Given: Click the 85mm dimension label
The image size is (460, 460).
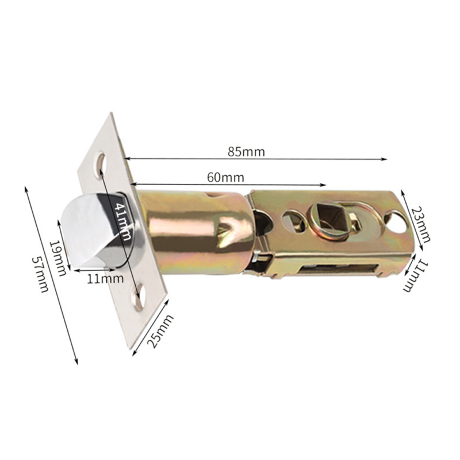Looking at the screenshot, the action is (x=246, y=152).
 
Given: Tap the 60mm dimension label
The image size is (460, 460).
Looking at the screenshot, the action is (x=225, y=178).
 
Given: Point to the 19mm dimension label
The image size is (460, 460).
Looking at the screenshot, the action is (x=58, y=258).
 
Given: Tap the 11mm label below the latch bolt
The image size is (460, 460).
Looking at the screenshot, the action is (x=105, y=278).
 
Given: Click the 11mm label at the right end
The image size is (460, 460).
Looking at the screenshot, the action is (x=416, y=275).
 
